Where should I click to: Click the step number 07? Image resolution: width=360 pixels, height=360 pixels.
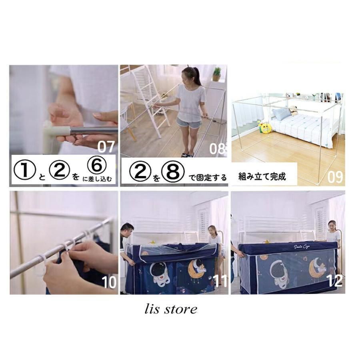coord(106,147)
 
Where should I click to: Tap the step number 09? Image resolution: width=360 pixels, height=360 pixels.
coord(335,176)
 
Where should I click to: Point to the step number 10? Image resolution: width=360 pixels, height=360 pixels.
coord(109,282)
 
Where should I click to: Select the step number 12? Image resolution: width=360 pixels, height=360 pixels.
coord(334,280)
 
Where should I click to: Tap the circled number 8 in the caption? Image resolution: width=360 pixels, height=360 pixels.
coord(175,172)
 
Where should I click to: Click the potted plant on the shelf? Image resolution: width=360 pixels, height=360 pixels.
coord(217,74)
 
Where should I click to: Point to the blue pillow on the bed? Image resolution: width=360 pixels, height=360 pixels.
coord(282,114)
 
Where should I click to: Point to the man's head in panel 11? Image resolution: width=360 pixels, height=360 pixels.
coord(127,230)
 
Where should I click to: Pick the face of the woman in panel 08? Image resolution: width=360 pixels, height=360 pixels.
coord(188,75)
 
